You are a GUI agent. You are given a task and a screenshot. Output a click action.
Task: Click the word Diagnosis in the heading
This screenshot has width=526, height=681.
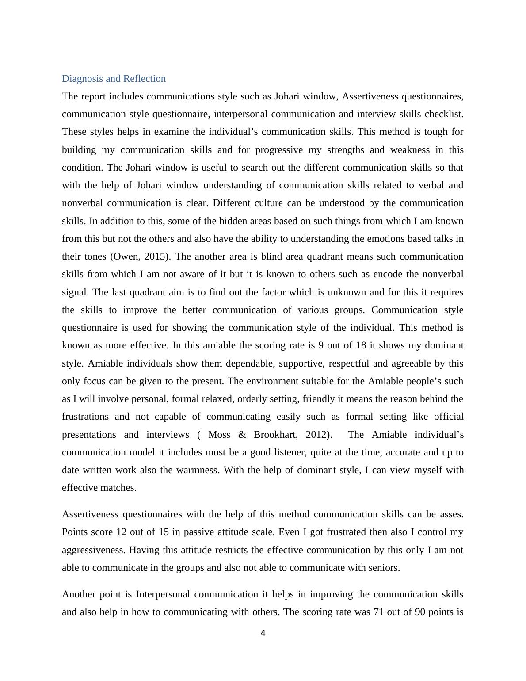click(x=82, y=79)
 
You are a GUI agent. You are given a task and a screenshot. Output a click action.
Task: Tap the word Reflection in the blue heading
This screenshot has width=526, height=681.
click(x=145, y=79)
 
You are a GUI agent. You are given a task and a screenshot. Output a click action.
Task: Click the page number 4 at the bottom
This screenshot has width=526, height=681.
click(x=263, y=633)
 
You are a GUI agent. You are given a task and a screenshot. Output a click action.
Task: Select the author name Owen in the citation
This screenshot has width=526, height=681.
click(x=126, y=256)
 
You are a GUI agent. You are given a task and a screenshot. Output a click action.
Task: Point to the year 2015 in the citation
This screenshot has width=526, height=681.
click(x=159, y=256)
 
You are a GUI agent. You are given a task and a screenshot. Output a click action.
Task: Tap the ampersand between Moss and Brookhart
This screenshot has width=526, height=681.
click(x=242, y=435)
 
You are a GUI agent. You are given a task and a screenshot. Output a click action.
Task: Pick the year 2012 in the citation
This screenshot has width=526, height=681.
click(x=317, y=435)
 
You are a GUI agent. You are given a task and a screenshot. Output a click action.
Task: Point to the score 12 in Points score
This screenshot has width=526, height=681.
click(x=122, y=532)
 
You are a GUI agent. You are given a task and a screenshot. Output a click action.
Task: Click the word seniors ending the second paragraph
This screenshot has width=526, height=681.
click(x=384, y=568)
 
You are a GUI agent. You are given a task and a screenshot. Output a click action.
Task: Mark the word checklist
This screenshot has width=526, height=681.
click(x=444, y=114)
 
